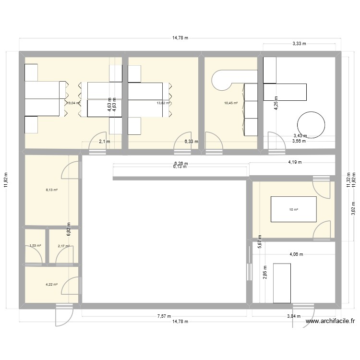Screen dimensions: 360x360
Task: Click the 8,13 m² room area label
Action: pyautogui.click(x=52, y=190)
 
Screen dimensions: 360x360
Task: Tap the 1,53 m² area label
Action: pyautogui.click(x=35, y=246)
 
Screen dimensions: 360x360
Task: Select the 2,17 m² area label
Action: pyautogui.click(x=63, y=246)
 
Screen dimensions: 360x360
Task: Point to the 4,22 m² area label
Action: pyautogui.click(x=52, y=284)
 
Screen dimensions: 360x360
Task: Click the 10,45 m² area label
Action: pyautogui.click(x=231, y=103)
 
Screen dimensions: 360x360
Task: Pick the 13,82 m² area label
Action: pyautogui.click(x=163, y=103)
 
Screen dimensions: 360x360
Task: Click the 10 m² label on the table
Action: pyautogui.click(x=293, y=209)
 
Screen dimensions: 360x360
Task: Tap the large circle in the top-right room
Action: pyautogui.click(x=312, y=125)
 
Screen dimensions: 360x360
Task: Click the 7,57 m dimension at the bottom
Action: pyautogui.click(x=164, y=316)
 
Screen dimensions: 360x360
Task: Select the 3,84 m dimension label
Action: pyautogui.click(x=294, y=316)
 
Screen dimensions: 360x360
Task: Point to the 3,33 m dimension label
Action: pyautogui.click(x=299, y=44)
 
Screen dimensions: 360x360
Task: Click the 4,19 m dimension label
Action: pyautogui.click(x=295, y=162)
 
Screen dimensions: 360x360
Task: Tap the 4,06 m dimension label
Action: pyautogui.click(x=296, y=255)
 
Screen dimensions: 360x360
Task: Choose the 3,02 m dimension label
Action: pyautogui.click(x=353, y=209)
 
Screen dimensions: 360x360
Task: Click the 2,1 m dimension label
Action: pyautogui.click(x=105, y=142)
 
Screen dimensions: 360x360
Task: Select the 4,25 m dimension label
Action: pyautogui.click(x=276, y=103)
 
